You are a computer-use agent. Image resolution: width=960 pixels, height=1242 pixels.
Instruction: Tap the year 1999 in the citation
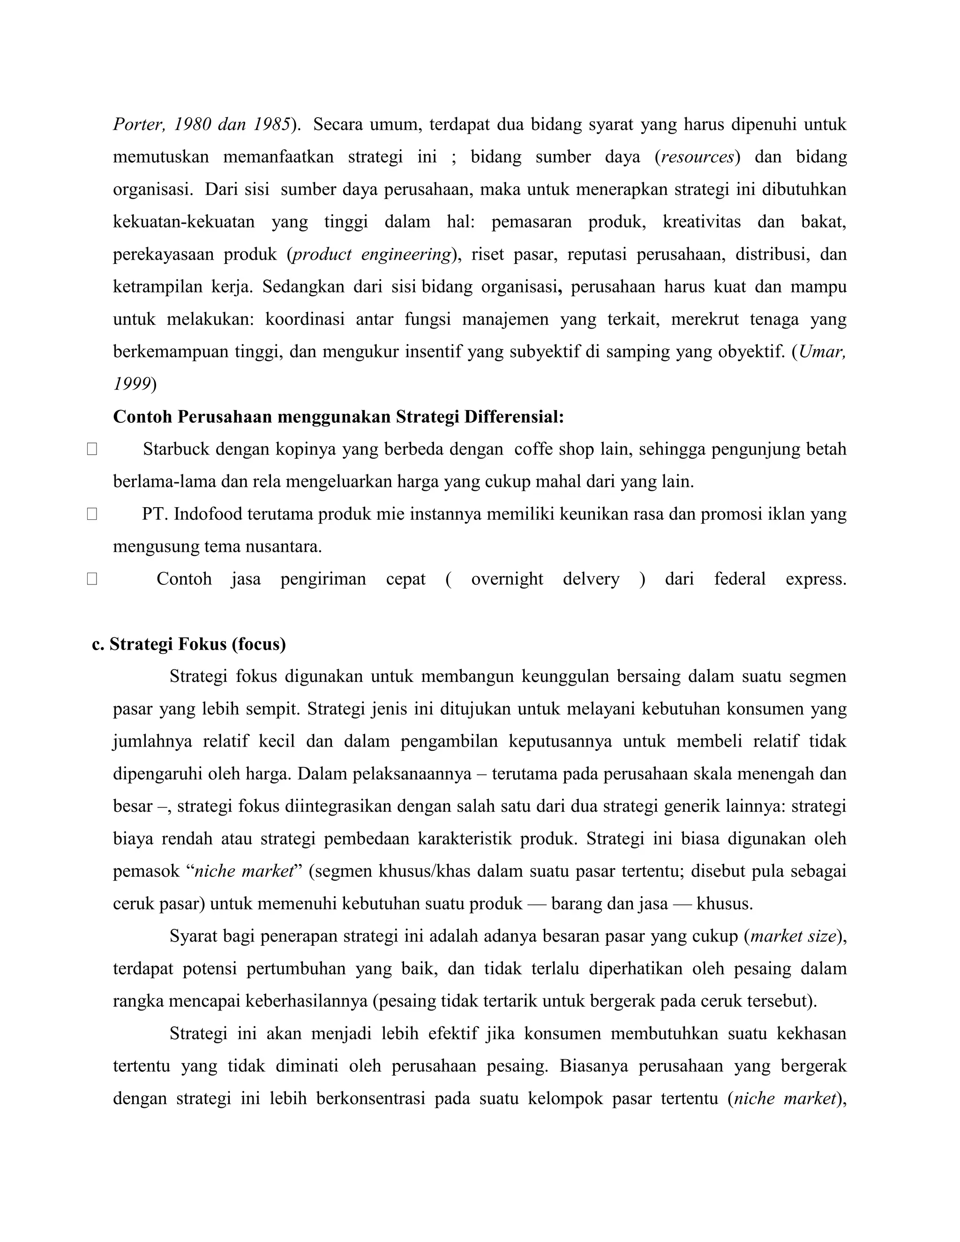coord(131,384)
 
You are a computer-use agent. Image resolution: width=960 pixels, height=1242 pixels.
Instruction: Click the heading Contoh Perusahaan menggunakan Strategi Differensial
coord(338,417)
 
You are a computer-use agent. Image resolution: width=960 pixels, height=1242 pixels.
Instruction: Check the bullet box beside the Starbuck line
coord(92,449)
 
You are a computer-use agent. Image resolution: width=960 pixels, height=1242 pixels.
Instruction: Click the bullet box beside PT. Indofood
coord(92,514)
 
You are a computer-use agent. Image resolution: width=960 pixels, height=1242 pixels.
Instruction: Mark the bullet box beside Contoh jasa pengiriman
coord(92,579)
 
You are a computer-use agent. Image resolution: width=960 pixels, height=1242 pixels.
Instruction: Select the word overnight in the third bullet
coord(507,579)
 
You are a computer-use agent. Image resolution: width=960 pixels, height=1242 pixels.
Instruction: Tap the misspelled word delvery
coord(591,579)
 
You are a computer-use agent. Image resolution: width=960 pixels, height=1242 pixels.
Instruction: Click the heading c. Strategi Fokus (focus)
coord(189,644)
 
